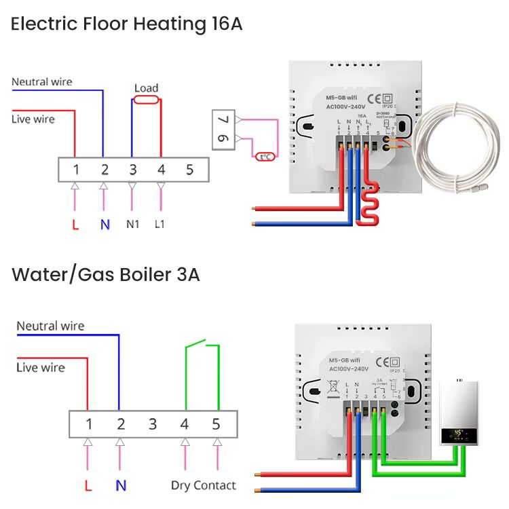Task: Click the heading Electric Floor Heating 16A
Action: [126, 24]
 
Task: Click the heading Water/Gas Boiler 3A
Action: [105, 275]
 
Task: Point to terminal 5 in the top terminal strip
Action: [189, 170]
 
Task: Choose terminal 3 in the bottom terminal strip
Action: [153, 424]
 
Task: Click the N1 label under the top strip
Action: [132, 224]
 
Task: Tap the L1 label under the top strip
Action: [160, 224]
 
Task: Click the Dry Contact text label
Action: [203, 485]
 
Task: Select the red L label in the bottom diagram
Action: [88, 485]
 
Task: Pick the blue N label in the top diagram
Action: [105, 224]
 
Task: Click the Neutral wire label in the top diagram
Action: [41, 82]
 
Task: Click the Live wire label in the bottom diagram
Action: [41, 368]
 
